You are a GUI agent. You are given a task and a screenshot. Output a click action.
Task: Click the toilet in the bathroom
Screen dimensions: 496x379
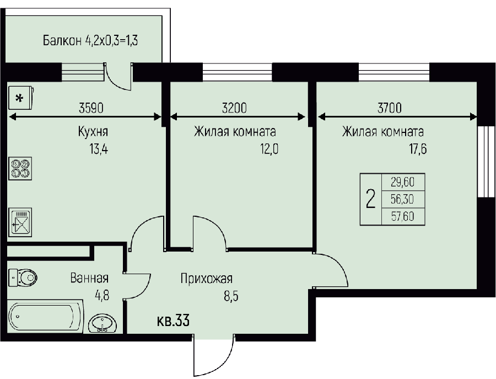click(22, 277)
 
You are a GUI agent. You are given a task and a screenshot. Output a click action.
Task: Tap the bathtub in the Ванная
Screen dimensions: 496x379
click(46, 317)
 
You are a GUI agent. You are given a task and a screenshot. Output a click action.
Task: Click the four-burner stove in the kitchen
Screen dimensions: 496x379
click(20, 168)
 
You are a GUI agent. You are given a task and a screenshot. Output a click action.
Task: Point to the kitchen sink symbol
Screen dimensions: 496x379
click(20, 222)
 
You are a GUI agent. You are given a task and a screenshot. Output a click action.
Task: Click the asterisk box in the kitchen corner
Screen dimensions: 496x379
click(21, 98)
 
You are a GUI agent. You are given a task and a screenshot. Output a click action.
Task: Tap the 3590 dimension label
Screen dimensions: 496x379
click(91, 108)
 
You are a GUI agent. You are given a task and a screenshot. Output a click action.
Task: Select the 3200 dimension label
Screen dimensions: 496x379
click(234, 108)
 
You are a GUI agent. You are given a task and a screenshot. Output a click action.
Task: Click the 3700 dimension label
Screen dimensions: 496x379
click(390, 108)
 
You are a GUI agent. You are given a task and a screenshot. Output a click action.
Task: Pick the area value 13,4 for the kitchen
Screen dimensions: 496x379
click(99, 148)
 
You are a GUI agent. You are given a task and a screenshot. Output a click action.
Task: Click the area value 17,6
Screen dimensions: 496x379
click(418, 148)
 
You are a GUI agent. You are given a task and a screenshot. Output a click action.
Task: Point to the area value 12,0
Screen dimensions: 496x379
click(269, 148)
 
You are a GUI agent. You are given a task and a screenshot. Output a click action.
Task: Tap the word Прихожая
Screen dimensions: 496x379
click(207, 279)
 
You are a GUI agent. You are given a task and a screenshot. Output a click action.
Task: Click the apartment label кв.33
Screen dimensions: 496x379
click(174, 321)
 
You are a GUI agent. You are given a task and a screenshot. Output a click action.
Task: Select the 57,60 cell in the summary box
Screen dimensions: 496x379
click(403, 216)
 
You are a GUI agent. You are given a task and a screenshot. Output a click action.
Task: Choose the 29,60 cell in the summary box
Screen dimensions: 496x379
click(403, 182)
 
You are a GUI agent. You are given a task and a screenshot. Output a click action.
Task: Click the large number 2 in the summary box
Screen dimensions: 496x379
click(370, 199)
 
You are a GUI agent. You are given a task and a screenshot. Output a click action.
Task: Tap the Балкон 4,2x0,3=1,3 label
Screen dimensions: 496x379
click(90, 40)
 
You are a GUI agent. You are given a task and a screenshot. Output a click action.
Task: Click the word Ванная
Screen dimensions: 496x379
click(89, 278)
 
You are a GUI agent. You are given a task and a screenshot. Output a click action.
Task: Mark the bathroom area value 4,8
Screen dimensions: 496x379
click(102, 295)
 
